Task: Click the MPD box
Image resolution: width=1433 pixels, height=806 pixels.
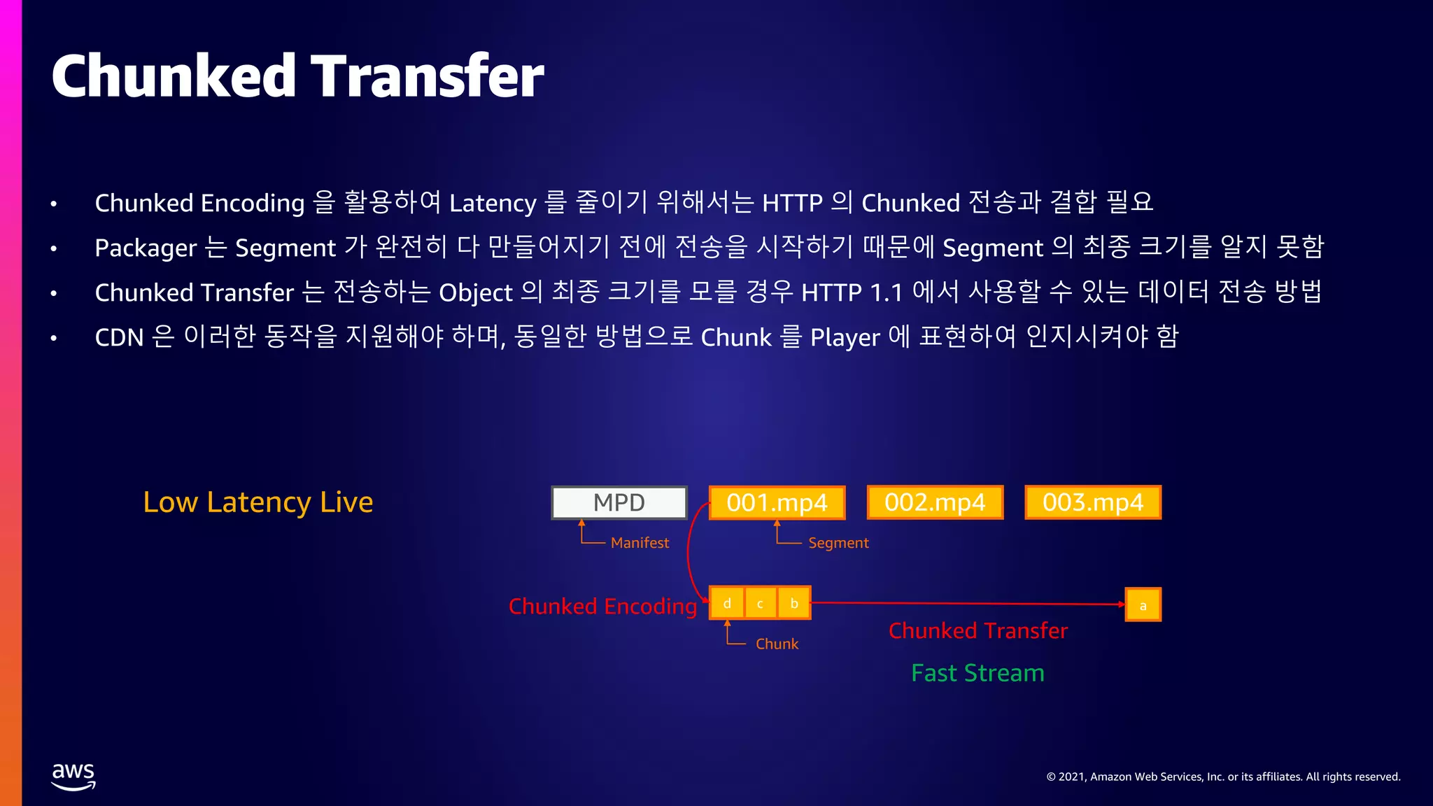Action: pos(619,502)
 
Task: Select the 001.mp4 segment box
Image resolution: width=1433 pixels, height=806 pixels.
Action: pos(777,502)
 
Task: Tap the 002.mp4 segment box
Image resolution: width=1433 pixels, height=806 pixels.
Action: pos(935,502)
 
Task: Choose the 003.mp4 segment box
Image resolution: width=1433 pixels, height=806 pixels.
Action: pos(1093,502)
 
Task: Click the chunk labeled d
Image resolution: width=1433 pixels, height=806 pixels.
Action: pos(727,603)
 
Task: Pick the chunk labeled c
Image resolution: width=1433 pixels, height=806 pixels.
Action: pos(760,603)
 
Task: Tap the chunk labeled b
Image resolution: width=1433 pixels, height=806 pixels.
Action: pos(794,603)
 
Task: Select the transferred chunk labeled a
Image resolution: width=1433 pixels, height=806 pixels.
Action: pos(1143,605)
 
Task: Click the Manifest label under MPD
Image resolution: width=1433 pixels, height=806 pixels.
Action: pos(640,543)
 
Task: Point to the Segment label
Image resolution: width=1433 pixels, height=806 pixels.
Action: pos(838,543)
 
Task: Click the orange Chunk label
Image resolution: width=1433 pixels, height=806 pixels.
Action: pos(777,644)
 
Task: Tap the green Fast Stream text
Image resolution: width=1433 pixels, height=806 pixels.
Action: pos(977,673)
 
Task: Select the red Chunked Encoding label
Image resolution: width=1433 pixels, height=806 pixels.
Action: pos(602,606)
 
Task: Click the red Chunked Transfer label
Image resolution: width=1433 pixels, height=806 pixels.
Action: pos(978,630)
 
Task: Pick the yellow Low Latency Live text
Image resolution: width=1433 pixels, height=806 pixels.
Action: pos(257,502)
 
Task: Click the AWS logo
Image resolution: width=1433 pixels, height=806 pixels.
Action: pos(73,776)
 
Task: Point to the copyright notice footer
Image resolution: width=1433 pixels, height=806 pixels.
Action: pos(1223,777)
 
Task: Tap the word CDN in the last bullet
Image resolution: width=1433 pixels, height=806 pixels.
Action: pos(119,337)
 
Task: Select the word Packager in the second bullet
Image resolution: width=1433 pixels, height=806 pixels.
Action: pos(146,248)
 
